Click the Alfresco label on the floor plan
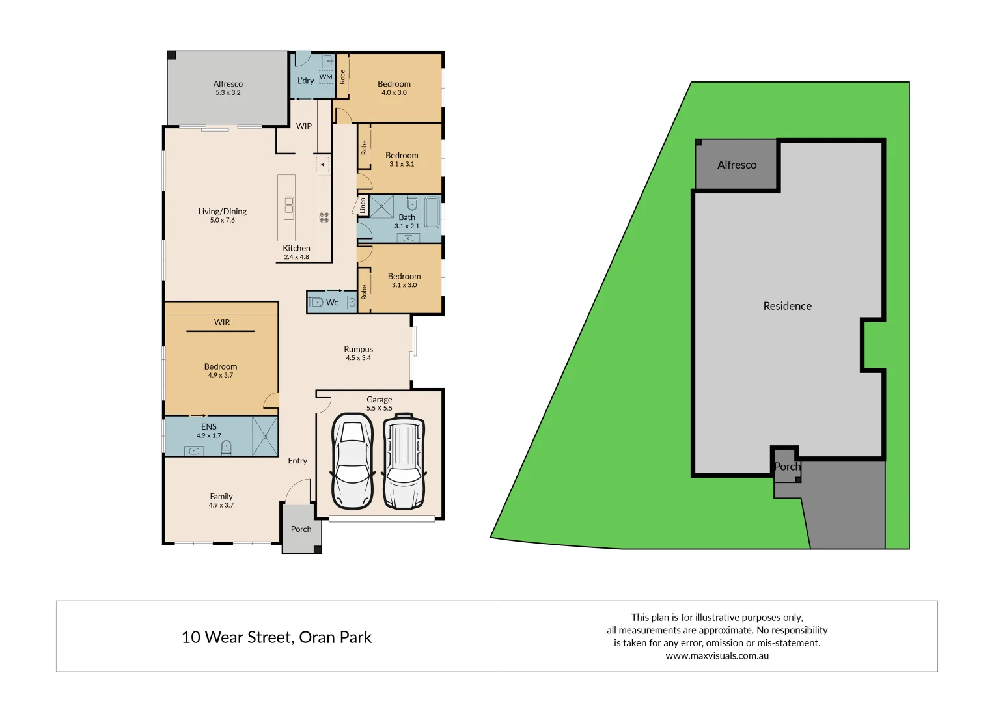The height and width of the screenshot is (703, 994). tap(228, 84)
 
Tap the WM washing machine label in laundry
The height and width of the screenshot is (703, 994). tap(325, 77)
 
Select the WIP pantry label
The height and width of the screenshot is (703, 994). tap(304, 126)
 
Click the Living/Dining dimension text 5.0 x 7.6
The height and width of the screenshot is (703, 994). tap(222, 221)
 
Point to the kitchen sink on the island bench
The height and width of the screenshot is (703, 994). tap(288, 208)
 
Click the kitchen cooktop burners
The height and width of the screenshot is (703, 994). tap(324, 217)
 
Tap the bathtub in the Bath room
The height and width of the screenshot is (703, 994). tap(432, 213)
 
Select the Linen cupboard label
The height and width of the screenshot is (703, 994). tap(363, 205)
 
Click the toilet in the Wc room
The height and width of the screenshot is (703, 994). tap(316, 302)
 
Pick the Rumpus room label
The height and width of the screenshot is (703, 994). tap(358, 349)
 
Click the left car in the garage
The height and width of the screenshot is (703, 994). tap(352, 461)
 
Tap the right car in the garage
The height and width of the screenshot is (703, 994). tap(404, 461)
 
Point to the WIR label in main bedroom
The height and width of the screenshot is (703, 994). tap(222, 322)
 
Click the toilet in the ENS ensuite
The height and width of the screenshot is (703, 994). tap(226, 447)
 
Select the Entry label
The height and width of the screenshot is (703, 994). tap(297, 461)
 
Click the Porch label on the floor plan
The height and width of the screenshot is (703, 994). tap(301, 529)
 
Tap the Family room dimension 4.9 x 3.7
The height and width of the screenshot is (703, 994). tap(221, 505)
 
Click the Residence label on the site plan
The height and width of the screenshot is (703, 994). tap(787, 306)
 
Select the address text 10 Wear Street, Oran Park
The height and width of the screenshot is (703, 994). tap(276, 637)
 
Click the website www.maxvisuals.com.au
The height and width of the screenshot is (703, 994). tap(717, 656)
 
